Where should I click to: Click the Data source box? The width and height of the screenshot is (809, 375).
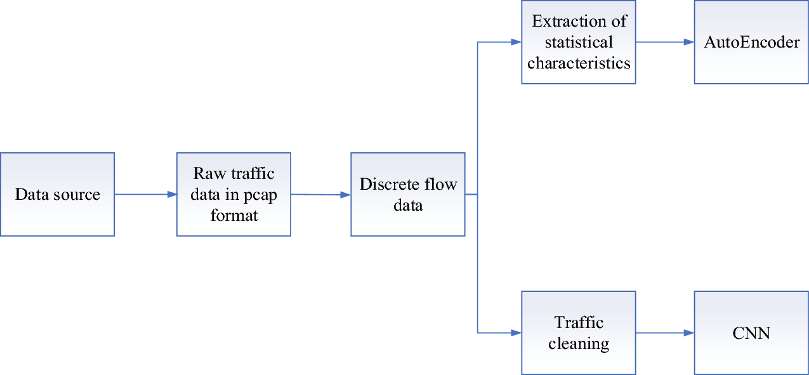[57, 194]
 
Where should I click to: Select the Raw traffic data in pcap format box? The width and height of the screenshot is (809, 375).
[233, 194]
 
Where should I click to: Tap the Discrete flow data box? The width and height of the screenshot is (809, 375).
[407, 194]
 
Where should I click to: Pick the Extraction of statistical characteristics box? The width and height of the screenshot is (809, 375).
[578, 42]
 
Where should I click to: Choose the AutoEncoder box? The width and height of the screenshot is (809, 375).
[751, 42]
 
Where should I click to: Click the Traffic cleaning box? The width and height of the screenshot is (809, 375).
[578, 332]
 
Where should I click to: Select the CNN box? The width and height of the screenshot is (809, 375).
[751, 332]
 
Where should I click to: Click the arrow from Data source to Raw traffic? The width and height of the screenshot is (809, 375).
[145, 194]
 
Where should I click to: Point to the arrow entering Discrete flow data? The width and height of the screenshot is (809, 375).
[320, 195]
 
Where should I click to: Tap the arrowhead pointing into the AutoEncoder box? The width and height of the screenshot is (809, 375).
[689, 43]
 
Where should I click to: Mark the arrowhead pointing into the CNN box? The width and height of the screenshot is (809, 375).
[689, 332]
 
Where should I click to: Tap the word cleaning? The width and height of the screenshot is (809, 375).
[578, 344]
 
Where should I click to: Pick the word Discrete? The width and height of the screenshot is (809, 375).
[386, 185]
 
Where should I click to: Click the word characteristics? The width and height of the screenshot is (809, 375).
[579, 63]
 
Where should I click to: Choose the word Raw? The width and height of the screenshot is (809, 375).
[207, 174]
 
